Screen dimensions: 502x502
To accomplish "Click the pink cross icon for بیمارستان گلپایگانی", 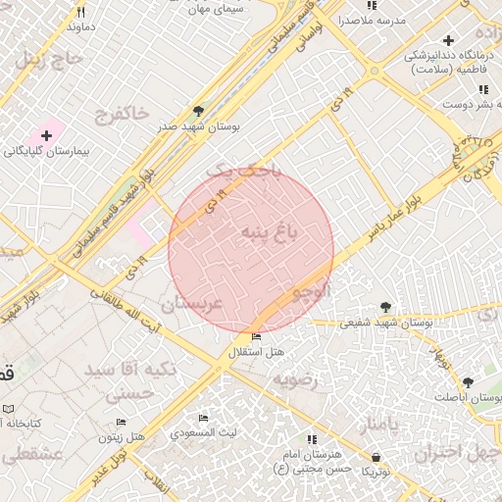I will pos(46,134).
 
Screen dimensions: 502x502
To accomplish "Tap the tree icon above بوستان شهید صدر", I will pos(199,111).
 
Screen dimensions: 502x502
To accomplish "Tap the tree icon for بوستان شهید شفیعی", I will pos(385,307).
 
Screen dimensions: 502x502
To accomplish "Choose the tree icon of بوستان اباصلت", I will pos(466,382).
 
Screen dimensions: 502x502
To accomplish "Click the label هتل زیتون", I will pos(123,434).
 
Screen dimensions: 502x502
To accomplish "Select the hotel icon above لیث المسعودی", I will pos(203,418).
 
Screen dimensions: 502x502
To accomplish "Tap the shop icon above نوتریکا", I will pos(376,457).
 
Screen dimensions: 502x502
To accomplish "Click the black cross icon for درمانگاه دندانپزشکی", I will pos(448,40).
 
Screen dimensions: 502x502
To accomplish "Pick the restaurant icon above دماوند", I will pos(80,13).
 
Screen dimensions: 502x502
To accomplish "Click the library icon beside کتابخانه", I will pos(8,408).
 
